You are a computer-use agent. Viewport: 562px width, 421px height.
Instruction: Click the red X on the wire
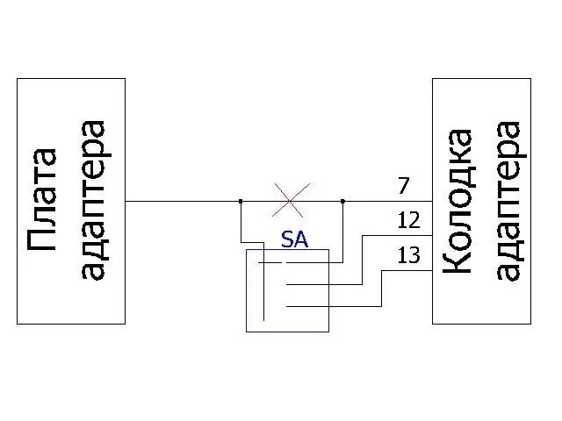(x=291, y=201)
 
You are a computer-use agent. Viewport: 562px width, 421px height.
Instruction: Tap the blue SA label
(x=294, y=239)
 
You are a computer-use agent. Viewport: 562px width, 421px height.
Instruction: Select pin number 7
(x=403, y=186)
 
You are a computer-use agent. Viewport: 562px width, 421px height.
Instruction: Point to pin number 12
(x=408, y=221)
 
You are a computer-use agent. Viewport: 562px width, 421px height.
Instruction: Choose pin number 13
(x=408, y=256)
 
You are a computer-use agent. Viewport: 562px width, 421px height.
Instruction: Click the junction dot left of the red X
(x=241, y=201)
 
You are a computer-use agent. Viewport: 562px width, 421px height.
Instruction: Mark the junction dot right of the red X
(x=342, y=201)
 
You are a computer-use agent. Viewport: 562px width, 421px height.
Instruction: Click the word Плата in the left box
(x=42, y=201)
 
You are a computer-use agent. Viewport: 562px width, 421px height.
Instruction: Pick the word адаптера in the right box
(x=509, y=201)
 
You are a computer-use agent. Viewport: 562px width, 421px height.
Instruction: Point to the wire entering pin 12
(x=395, y=236)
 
